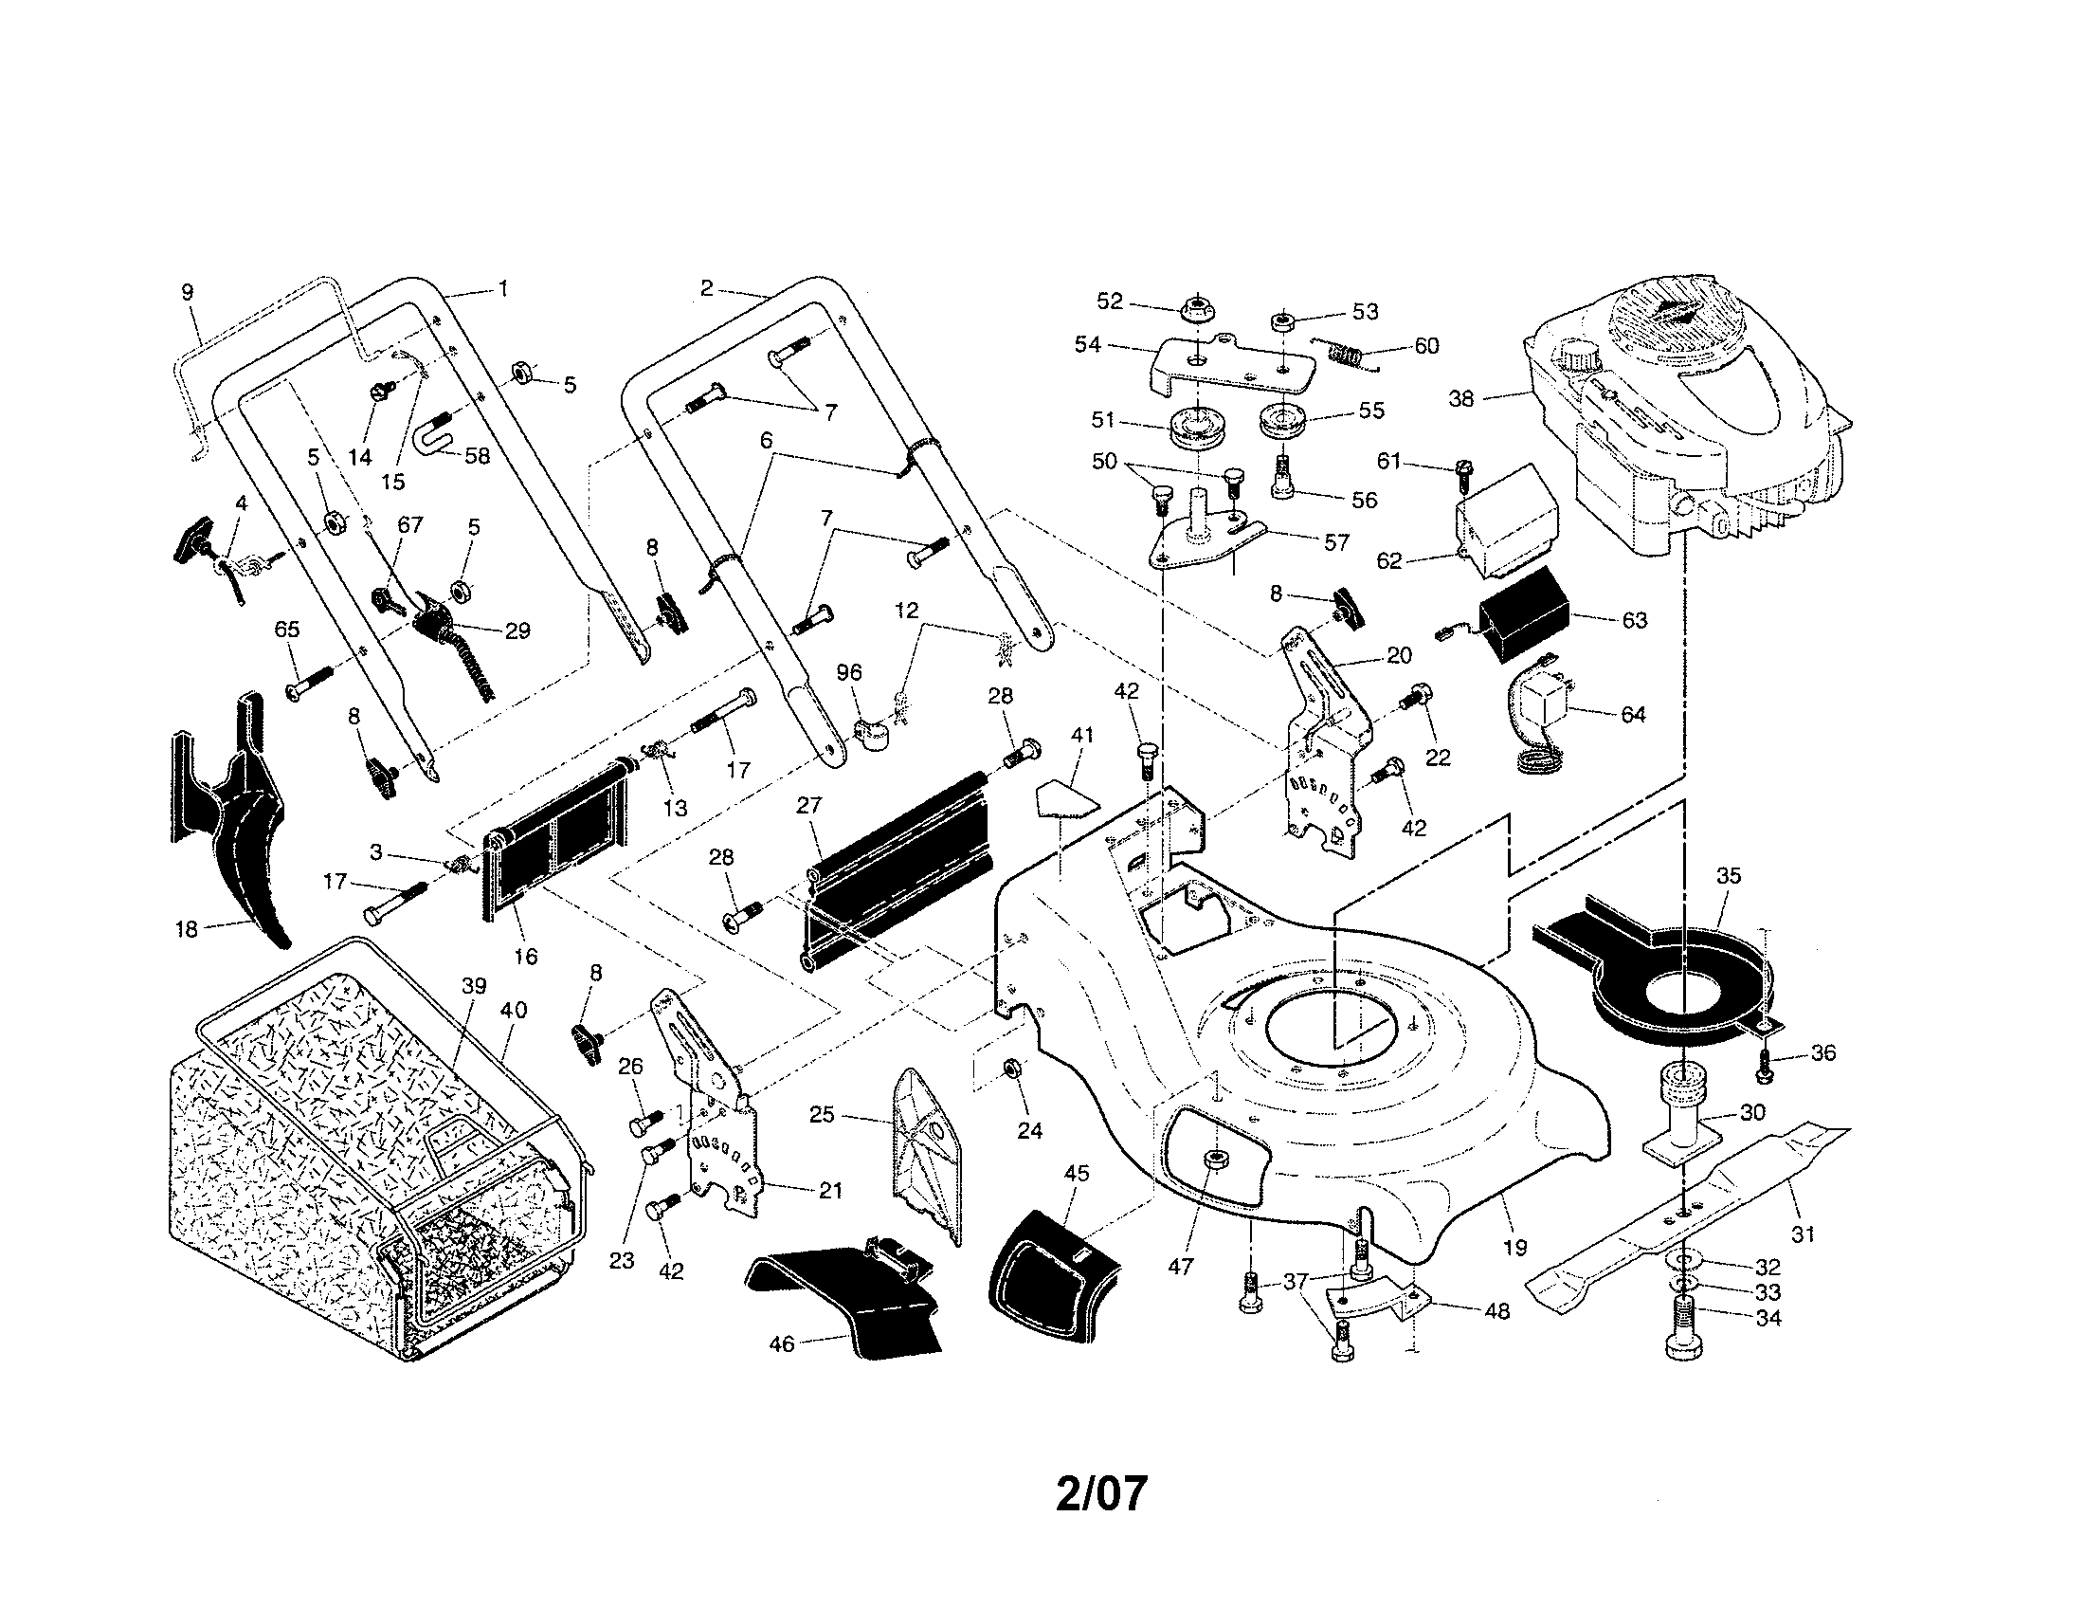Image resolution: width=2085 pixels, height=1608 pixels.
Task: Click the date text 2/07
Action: click(x=1100, y=1493)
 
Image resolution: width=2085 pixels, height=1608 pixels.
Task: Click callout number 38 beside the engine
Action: click(x=1461, y=399)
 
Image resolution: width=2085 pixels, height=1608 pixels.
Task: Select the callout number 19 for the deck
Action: click(x=1514, y=1247)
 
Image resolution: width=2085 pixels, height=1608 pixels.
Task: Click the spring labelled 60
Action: click(x=1348, y=356)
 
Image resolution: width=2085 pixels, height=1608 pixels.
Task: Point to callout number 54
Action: click(x=1087, y=345)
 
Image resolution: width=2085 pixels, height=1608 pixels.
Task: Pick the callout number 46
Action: click(x=782, y=1344)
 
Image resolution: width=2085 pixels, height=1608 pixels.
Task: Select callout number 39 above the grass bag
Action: click(x=475, y=986)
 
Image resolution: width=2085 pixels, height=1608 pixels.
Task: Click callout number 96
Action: click(x=849, y=673)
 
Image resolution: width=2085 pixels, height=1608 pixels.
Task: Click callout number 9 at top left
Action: click(x=187, y=292)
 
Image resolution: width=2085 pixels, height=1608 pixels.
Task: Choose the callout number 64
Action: click(x=1634, y=714)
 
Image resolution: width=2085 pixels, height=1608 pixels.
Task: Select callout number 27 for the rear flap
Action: click(x=808, y=805)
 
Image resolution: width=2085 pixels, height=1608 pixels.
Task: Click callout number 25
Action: click(x=822, y=1114)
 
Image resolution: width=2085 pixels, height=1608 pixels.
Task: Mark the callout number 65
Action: click(x=286, y=630)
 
